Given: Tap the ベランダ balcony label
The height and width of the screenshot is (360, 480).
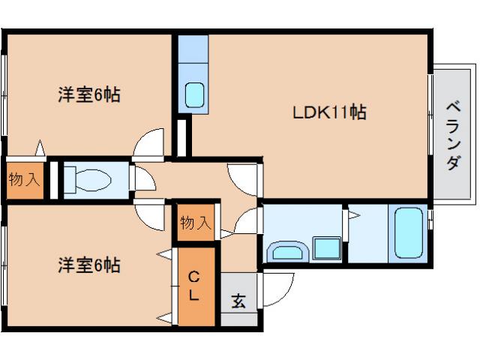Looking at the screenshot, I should click(452, 135).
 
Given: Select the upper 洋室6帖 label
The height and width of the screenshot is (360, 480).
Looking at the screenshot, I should click(89, 96).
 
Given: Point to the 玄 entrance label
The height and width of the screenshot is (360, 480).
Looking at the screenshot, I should click(238, 301).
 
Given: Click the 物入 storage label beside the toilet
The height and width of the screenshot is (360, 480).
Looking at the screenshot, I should click(24, 180).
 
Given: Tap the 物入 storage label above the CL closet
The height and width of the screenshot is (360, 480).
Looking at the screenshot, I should click(196, 222).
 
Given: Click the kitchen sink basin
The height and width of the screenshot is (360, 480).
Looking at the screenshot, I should click(195, 94).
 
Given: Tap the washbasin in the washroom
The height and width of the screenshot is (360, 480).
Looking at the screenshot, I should click(286, 250).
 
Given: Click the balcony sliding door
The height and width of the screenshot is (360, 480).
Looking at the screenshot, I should click(431, 135).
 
